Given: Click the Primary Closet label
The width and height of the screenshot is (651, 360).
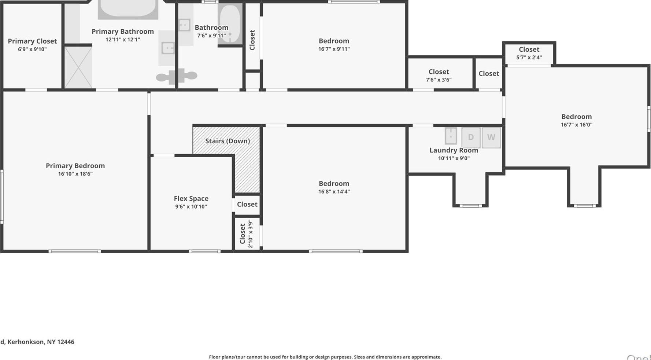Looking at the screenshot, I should coord(32,41).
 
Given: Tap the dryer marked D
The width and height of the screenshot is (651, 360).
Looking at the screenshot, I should coord(471,137).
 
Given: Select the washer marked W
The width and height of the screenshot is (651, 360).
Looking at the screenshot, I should coord(491,137).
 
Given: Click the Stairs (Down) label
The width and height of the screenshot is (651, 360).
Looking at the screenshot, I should coord(227,141).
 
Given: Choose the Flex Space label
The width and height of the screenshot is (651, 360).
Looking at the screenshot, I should coord(191,198).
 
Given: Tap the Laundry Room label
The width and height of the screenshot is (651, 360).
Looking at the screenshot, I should coord(454,150).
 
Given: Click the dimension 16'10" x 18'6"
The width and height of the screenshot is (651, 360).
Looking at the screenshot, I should coord(75,174).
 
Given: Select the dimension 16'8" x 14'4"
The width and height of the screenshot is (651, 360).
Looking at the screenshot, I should coord(334,191).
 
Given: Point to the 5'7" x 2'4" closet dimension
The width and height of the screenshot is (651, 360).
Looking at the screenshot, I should coord(529,57).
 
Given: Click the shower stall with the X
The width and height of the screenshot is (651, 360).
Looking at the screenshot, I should coord(78,67).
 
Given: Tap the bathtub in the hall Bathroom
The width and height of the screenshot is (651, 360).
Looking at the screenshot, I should coord(230,24).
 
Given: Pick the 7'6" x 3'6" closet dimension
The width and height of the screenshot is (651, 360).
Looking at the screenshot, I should coord(439,80).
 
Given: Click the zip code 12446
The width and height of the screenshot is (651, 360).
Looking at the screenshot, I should coord(66,342).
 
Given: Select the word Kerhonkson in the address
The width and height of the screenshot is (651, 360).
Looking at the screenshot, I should coord(25,342).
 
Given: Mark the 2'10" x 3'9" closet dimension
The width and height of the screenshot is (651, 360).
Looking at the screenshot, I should coord(251,234).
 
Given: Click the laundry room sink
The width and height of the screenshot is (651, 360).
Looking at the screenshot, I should coord(451,136).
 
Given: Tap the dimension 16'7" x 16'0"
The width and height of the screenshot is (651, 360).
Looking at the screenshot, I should coord(576,125).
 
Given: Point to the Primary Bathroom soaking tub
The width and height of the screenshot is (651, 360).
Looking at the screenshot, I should coord(128,9).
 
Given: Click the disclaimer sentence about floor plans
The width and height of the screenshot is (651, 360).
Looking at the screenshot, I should coord(325,357).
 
